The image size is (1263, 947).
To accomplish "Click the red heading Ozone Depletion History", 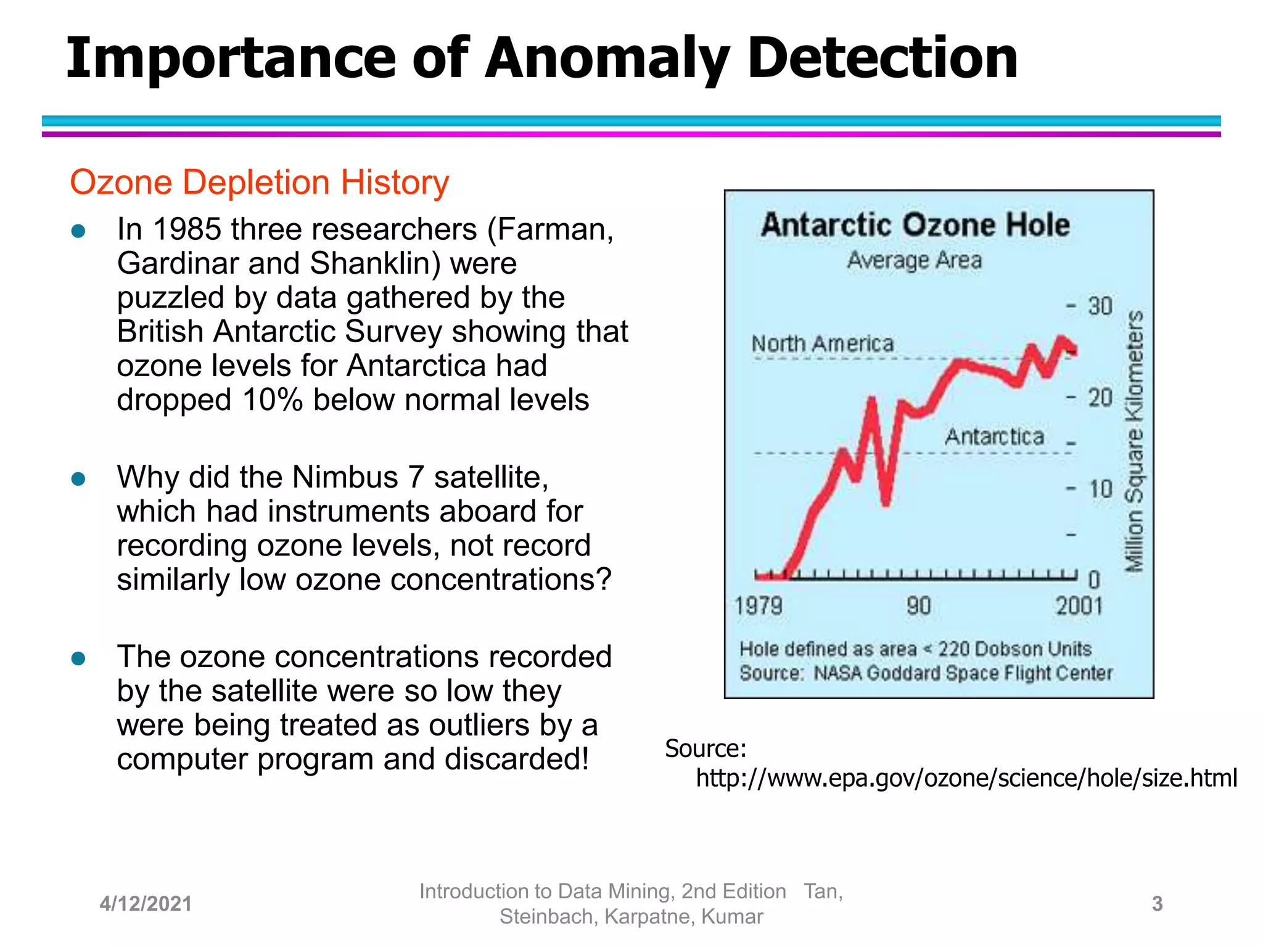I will [259, 182].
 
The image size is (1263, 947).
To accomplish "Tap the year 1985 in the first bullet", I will [187, 229].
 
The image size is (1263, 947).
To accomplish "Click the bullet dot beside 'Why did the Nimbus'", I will [78, 479].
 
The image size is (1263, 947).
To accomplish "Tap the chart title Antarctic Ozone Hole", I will [915, 224].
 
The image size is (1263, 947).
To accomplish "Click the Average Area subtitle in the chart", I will [914, 260].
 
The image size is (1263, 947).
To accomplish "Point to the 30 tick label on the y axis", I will [1100, 306].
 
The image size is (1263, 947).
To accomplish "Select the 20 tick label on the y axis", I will [1100, 398].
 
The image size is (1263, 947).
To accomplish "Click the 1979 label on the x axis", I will [758, 605].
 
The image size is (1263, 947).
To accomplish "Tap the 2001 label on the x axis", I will [1079, 605].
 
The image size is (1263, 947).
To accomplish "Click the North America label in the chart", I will [822, 343].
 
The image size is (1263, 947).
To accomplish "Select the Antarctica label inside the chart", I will [994, 437].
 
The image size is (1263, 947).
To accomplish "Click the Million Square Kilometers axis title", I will [1134, 441].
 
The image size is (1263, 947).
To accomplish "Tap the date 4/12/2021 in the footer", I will [146, 904].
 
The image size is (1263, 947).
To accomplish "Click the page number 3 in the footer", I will [1157, 904].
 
